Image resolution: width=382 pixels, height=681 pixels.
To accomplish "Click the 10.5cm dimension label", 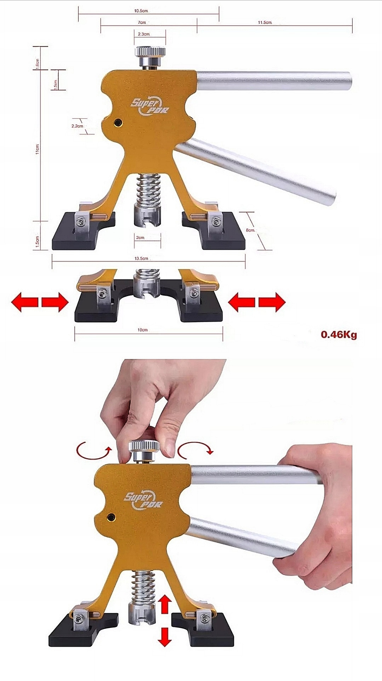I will pos(141,11).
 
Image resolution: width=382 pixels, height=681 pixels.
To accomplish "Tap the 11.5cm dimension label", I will pos(265,22).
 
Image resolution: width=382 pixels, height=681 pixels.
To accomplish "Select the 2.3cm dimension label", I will pos(144,34).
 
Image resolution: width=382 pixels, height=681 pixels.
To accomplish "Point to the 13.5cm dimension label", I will pos(141,258).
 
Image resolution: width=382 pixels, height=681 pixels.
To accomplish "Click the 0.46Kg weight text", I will pos(338,334).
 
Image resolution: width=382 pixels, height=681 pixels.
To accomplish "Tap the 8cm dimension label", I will pos(251,230).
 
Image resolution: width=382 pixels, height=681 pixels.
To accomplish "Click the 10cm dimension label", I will pos(142,330).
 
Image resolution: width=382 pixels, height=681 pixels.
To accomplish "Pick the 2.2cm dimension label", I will pos(77,126).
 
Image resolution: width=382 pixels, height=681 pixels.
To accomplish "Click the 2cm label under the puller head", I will pos(140,238).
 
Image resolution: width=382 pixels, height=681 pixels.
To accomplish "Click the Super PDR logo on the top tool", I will pos(150,107).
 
